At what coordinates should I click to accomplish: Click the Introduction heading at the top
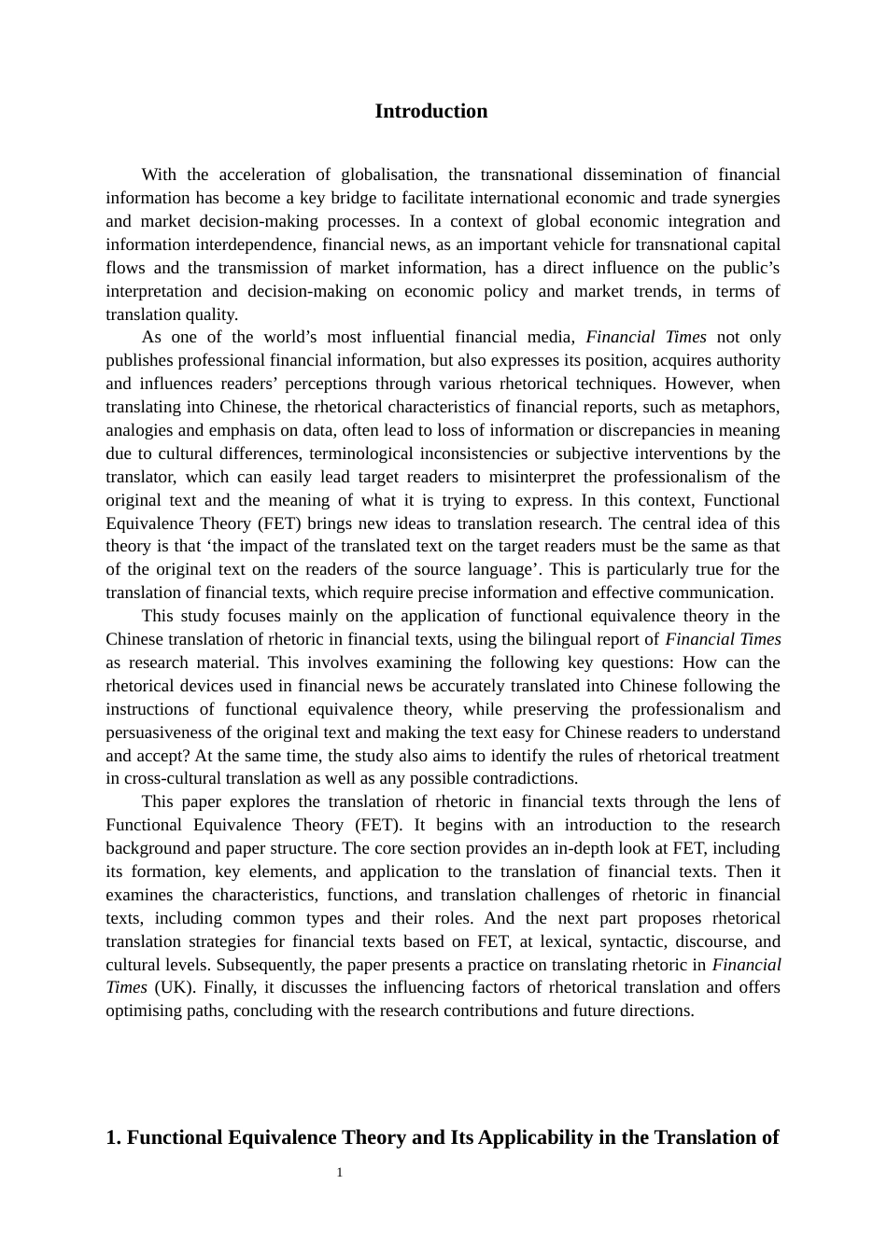(x=430, y=111)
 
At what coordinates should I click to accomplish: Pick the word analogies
(x=138, y=430)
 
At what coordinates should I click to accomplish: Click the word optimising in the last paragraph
(x=139, y=1010)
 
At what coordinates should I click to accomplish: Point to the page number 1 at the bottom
(x=340, y=1173)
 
